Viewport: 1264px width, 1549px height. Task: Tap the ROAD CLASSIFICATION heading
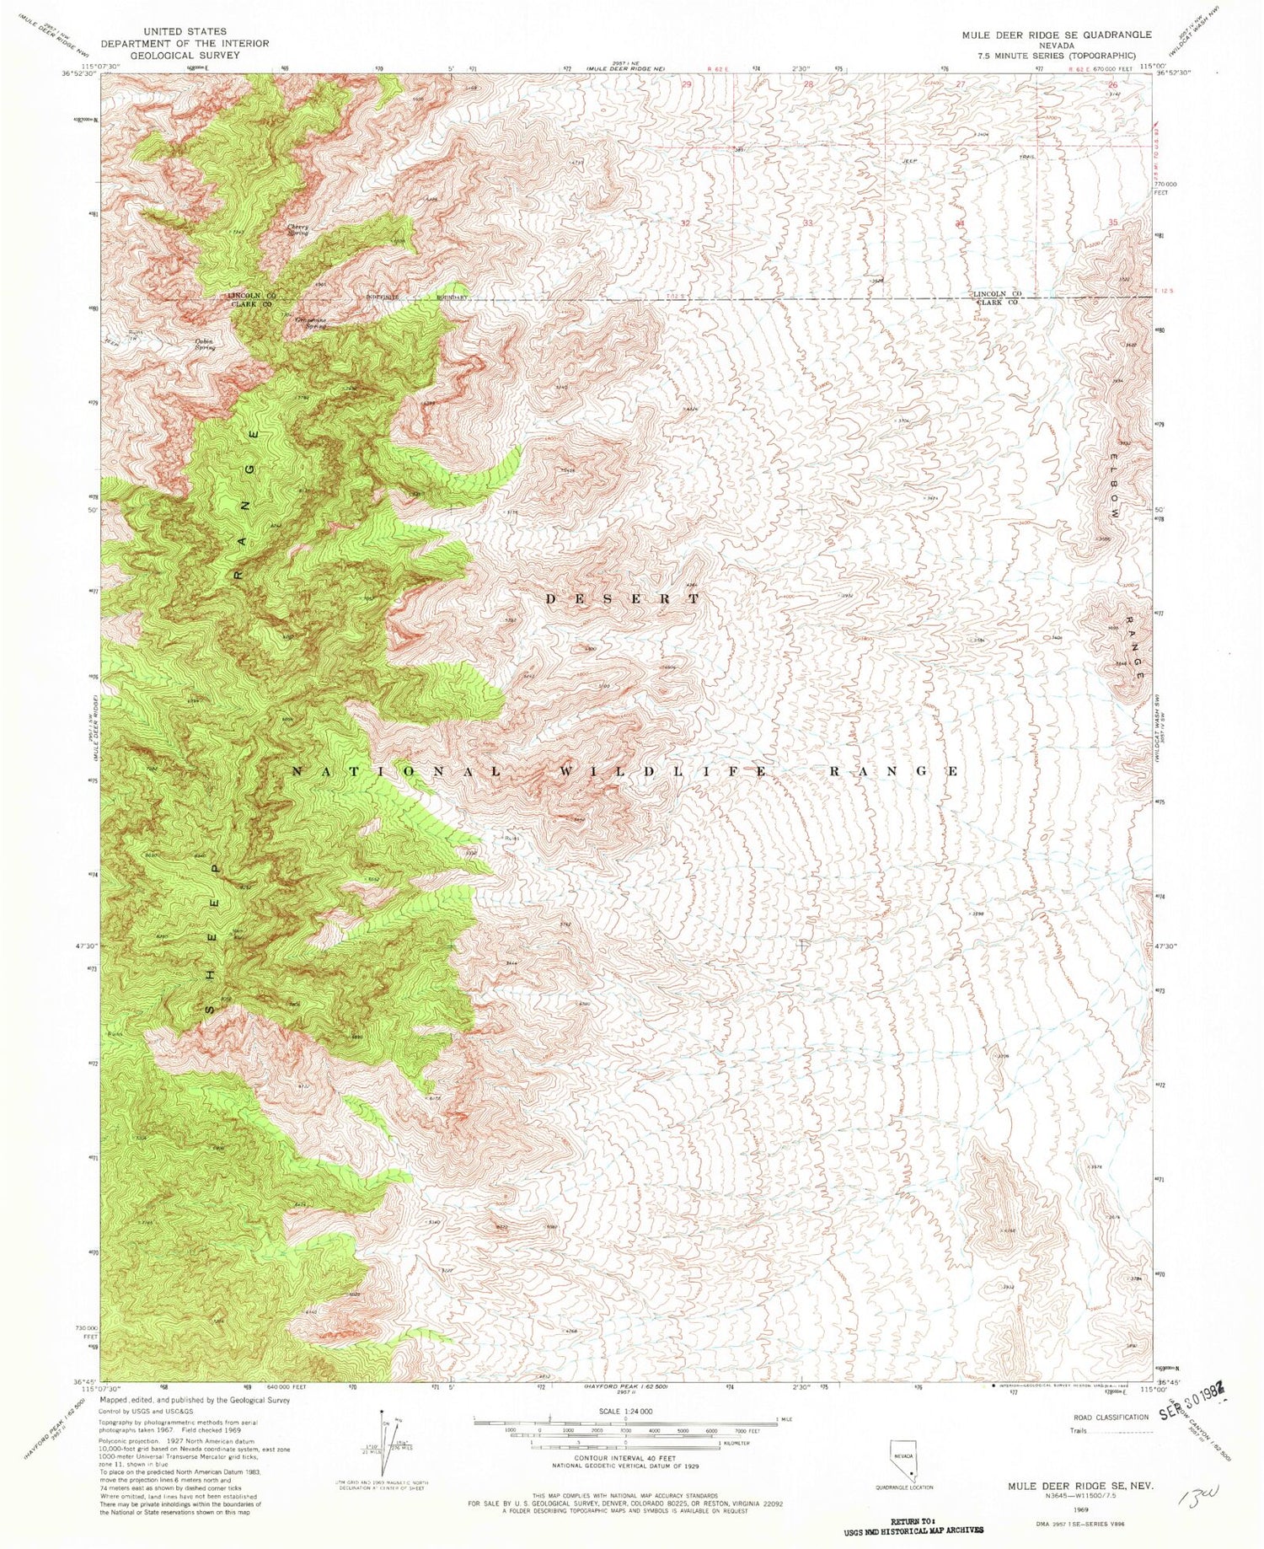pos(1111,1418)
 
